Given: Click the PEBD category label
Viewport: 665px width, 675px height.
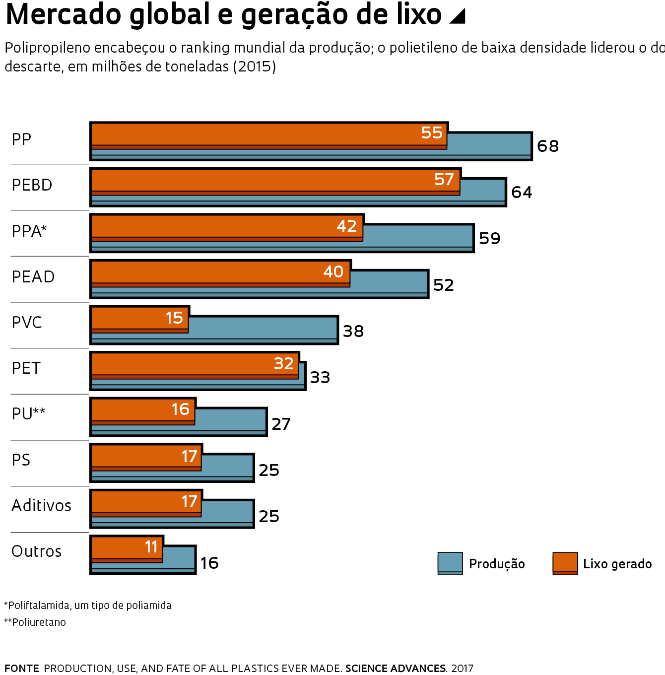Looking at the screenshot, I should (x=32, y=185).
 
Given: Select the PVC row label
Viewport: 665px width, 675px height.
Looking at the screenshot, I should (x=27, y=323).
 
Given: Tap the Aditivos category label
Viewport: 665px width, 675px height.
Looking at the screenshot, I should (x=41, y=506).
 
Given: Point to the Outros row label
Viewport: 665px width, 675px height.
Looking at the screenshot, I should (x=36, y=551).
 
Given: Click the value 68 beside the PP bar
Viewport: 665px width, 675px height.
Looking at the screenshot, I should (x=548, y=146).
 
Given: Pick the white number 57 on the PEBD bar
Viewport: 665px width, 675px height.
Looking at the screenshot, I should (x=444, y=180).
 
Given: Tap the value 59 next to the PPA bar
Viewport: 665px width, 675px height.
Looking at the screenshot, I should (x=489, y=239).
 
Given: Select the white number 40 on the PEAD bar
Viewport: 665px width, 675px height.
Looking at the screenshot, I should (x=333, y=272).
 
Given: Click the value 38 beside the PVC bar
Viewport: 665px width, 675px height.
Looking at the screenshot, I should (x=353, y=332).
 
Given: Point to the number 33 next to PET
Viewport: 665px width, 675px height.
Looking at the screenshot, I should (x=320, y=378).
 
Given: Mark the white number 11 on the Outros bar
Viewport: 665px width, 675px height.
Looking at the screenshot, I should (x=151, y=547).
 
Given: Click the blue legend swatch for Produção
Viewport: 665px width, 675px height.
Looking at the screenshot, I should (x=450, y=563).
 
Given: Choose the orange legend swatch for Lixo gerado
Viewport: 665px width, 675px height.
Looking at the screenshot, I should (x=565, y=563).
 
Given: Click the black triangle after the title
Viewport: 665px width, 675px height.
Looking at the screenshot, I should (x=458, y=16).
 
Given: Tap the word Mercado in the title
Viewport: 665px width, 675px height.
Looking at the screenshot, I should (x=64, y=15).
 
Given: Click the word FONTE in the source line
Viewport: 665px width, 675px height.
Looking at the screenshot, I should (x=22, y=669).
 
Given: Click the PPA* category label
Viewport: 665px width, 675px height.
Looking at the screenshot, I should (x=29, y=231).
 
